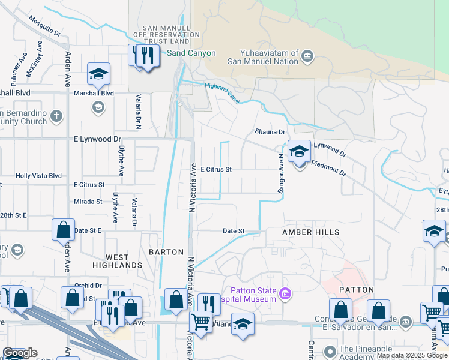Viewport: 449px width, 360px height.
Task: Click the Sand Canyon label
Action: [x=191, y=53]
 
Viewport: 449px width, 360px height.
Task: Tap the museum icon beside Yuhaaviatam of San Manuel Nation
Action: [x=307, y=58]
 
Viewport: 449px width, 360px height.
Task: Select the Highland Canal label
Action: [x=222, y=93]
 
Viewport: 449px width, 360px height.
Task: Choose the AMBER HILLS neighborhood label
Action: [x=311, y=232]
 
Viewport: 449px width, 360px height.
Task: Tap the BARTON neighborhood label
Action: [x=166, y=252]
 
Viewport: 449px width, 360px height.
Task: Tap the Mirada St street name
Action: [x=88, y=202]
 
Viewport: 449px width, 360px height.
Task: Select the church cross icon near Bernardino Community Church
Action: [x=56, y=116]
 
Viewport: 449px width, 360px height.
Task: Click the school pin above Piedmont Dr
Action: [x=299, y=152]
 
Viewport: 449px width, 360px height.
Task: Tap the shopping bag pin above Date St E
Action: [x=63, y=230]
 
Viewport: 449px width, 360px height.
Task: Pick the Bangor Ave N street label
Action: [x=280, y=172]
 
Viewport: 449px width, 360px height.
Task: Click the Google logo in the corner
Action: [x=19, y=353]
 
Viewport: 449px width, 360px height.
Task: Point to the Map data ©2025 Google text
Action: [x=411, y=356]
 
